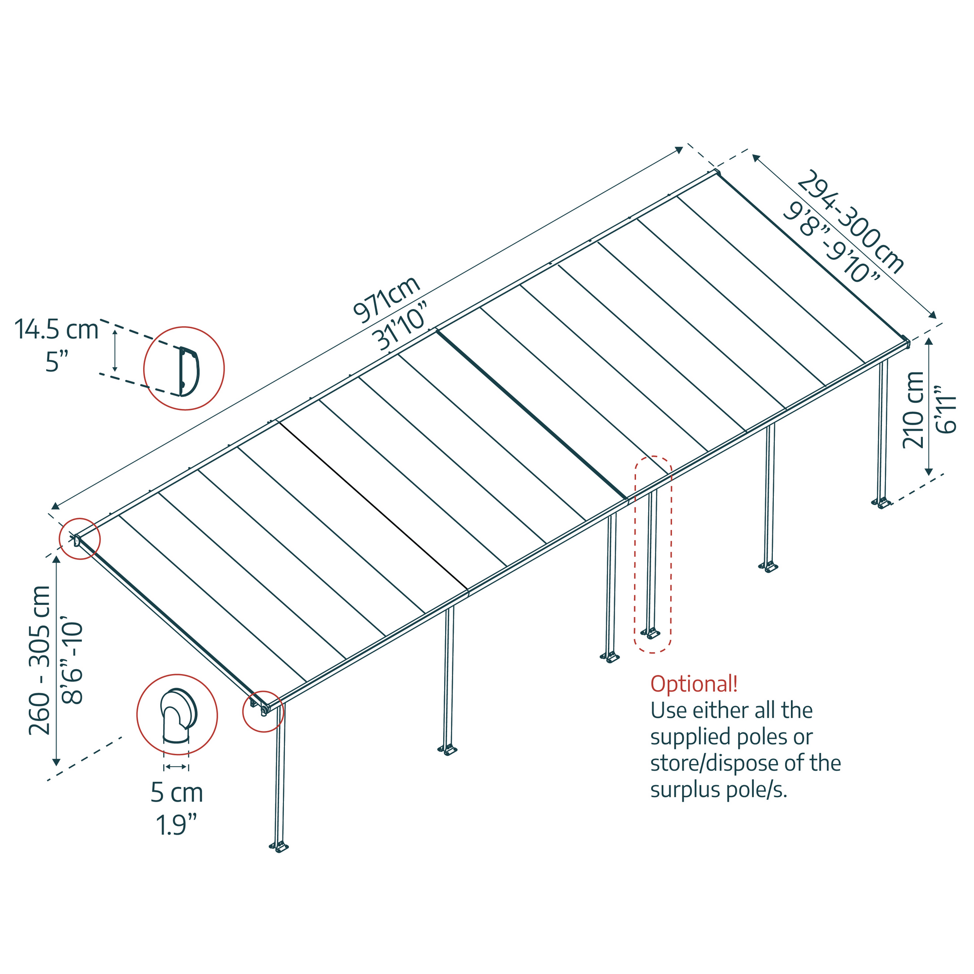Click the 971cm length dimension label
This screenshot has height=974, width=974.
(x=386, y=300)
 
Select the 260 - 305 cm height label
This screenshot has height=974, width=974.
(x=40, y=660)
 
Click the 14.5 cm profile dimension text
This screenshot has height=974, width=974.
(x=56, y=330)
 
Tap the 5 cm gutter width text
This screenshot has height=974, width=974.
(x=176, y=792)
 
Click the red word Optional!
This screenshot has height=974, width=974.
(x=693, y=684)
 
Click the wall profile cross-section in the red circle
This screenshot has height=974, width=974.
(x=188, y=371)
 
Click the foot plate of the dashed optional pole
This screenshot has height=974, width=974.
(x=650, y=633)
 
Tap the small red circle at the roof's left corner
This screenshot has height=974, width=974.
(x=80, y=539)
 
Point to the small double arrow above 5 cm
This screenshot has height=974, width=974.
(x=176, y=767)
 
